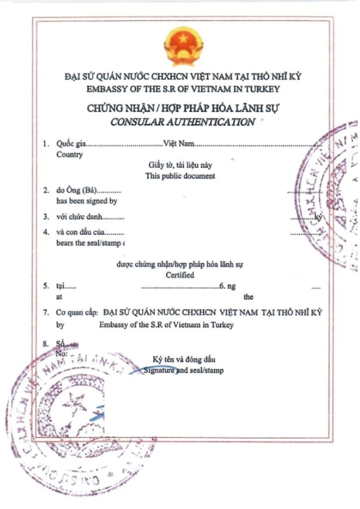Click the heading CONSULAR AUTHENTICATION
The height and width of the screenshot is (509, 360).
click(182, 122)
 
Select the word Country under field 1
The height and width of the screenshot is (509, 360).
click(70, 154)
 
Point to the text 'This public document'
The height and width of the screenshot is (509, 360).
click(180, 176)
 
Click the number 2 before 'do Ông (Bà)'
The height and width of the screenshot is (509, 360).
click(46, 191)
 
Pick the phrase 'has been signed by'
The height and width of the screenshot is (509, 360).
click(87, 201)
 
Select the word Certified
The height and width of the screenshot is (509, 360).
click(180, 275)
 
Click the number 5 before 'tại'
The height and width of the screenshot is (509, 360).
click(46, 287)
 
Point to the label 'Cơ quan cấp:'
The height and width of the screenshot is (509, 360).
click(78, 314)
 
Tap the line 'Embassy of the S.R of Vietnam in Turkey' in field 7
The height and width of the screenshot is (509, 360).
click(166, 325)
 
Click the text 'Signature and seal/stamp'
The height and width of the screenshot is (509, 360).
click(183, 370)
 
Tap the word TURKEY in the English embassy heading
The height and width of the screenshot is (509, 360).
click(262, 89)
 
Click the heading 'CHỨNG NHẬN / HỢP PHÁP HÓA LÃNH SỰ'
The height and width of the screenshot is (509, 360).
click(182, 109)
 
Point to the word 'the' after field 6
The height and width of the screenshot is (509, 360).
click(249, 297)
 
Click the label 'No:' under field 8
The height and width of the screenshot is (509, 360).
click(62, 353)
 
